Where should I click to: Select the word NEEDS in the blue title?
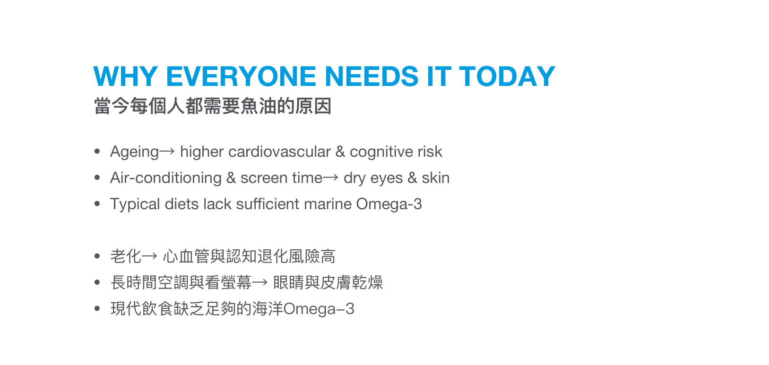pos(371,76)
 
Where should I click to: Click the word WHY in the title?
pos(125,76)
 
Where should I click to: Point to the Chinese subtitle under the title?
pos(212,106)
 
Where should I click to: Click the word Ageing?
pos(134,152)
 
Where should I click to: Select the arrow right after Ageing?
pos(167,152)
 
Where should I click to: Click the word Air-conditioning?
pos(165,178)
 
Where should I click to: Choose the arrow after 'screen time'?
pos(330,178)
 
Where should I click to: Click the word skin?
pos(435,178)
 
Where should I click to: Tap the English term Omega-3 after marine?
pos(389,204)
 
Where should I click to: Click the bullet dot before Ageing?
pos(97,152)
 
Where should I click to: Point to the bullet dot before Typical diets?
pos(97,204)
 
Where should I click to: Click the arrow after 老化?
pos(149,256)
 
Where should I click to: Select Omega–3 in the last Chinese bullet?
pos(319,309)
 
